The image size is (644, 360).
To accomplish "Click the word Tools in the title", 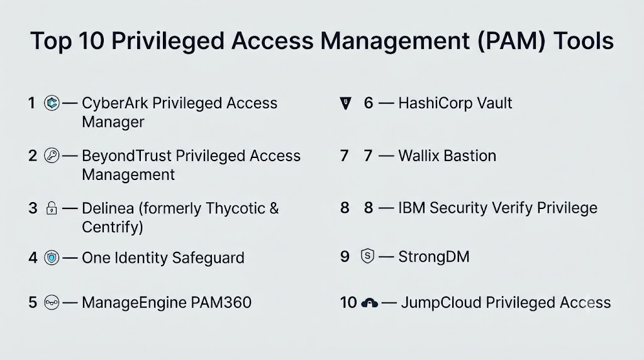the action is pos(584,41).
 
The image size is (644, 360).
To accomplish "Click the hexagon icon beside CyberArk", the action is pos(52,103).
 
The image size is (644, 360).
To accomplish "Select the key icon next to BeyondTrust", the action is pos(52,155).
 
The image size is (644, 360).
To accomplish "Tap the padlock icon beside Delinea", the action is pos(52,208).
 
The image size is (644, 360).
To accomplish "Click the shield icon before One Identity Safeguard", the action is pos(52,257).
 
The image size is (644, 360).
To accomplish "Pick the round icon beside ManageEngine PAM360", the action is pos(52,303).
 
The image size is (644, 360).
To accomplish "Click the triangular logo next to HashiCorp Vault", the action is pos(346,103).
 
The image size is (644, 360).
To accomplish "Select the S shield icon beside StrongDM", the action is pos(367,256).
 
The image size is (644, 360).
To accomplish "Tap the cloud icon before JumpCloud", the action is pos(369,303).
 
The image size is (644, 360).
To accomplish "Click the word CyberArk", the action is pos(115,103).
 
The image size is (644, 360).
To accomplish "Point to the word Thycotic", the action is pos(235,208).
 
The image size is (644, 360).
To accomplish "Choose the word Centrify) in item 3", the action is pos(113,227).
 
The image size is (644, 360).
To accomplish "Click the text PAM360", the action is pos(221,303).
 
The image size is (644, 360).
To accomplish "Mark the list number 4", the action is pos(33,258).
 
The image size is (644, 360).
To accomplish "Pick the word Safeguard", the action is pos(208,258).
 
